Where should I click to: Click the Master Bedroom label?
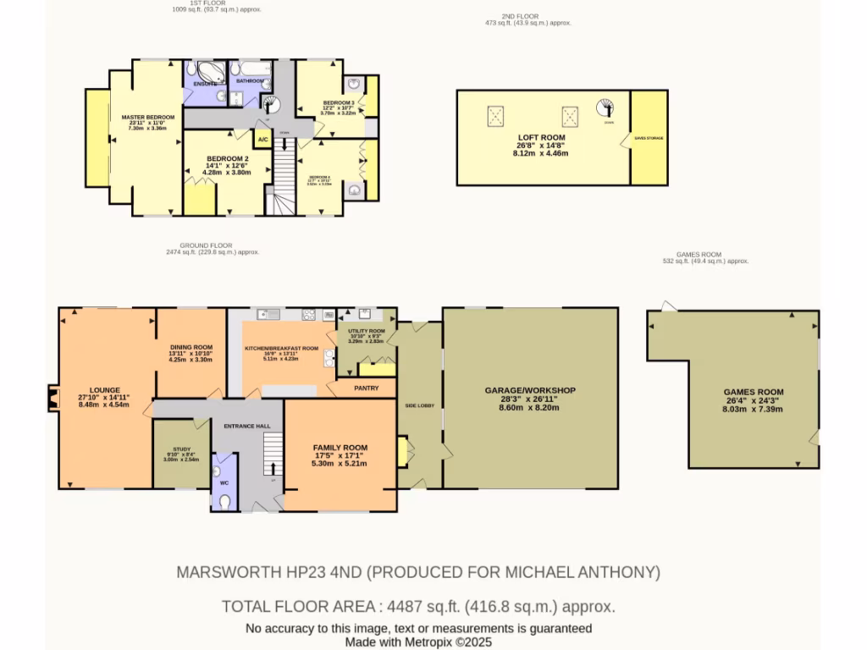click(147, 117)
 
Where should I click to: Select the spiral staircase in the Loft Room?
click(606, 108)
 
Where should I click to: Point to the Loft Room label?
click(541, 137)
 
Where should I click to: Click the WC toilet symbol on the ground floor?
click(224, 501)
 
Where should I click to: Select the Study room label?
click(181, 449)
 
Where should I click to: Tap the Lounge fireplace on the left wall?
click(53, 398)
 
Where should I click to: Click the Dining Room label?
click(191, 347)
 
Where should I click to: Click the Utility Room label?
click(366, 331)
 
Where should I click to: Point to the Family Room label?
click(340, 447)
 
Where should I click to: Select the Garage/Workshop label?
click(530, 390)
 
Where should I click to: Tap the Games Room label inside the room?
click(753, 392)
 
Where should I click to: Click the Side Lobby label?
click(420, 406)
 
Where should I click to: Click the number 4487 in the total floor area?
click(402, 606)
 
